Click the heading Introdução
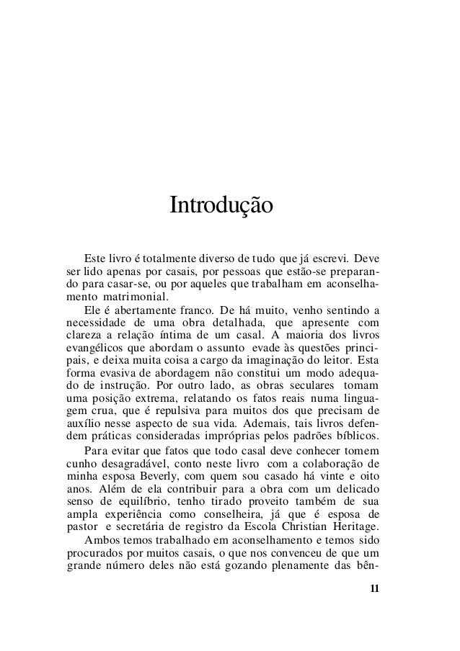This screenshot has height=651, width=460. point(221,206)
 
